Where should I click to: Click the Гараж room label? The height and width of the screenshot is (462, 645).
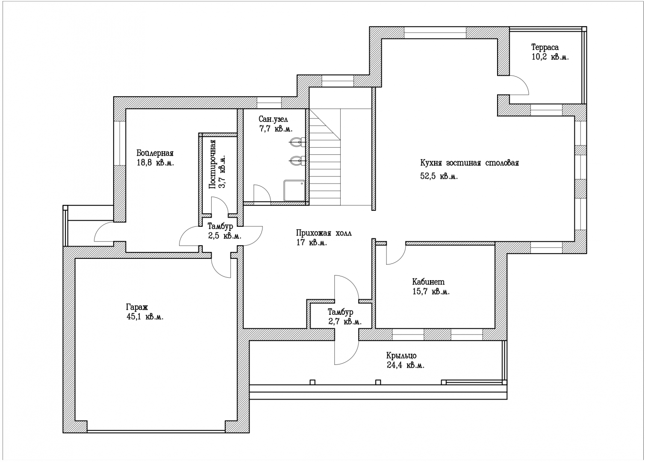tap(137, 307)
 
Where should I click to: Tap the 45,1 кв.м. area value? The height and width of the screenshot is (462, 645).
tap(145, 317)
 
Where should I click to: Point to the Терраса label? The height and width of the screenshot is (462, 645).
tap(545, 47)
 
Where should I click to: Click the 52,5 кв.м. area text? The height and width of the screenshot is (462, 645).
tap(439, 176)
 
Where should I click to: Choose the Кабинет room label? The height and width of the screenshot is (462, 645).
tap(428, 281)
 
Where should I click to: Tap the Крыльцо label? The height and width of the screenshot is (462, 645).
tap(401, 356)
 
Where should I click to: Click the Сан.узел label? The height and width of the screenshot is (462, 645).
tap(273, 119)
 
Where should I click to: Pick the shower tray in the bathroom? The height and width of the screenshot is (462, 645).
tap(294, 190)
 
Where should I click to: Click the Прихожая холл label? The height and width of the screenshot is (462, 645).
tap(324, 233)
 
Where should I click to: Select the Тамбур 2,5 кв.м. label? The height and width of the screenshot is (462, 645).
tap(224, 231)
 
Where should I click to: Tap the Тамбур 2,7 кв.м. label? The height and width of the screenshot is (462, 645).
tap(345, 317)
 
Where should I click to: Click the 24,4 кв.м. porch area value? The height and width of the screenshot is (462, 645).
tap(406, 365)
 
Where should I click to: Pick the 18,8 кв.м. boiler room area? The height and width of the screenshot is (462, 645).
tap(155, 163)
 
